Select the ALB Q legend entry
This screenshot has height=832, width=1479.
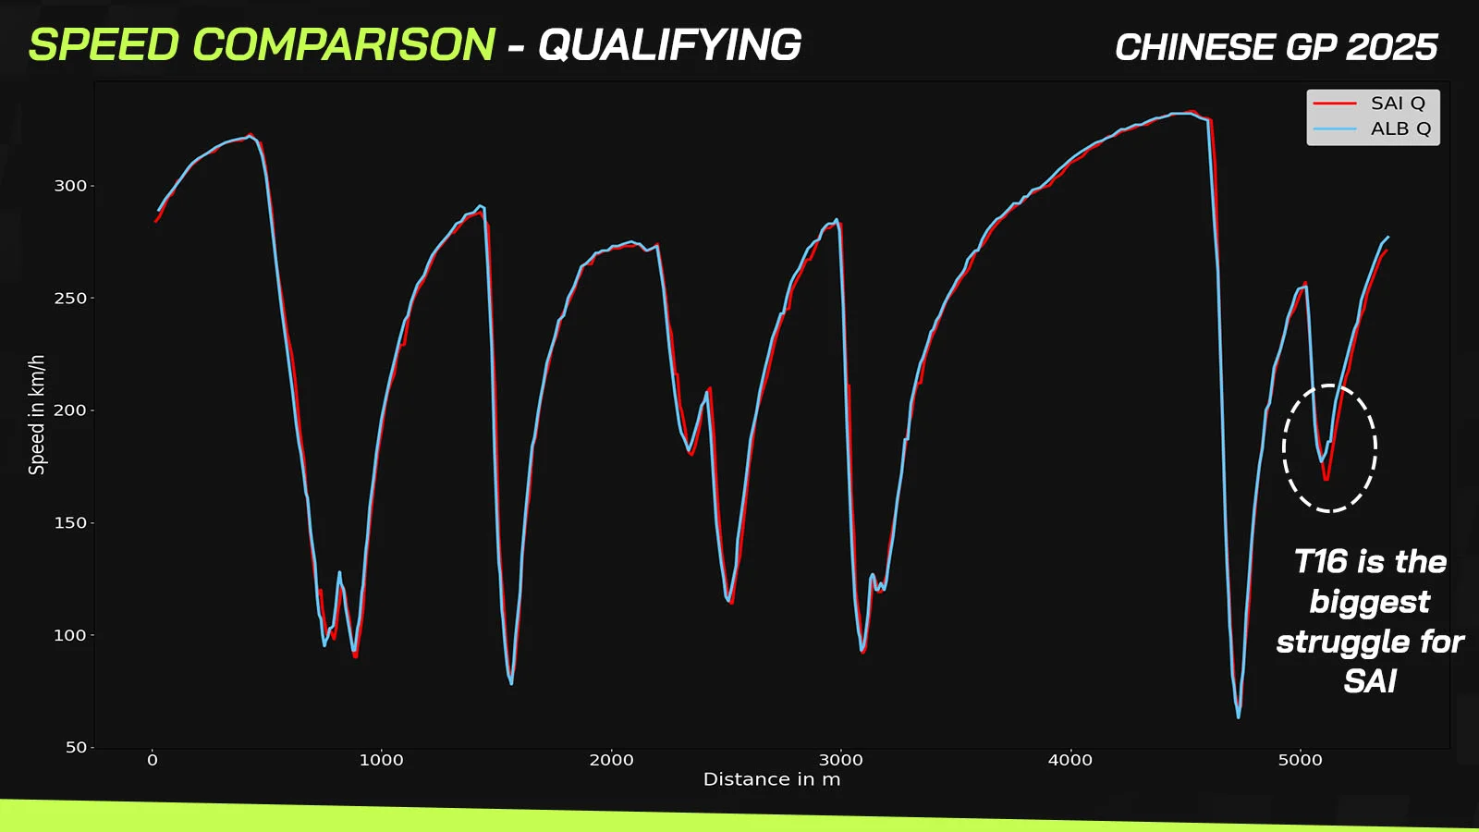(x=1372, y=128)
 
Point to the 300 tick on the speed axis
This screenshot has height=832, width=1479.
(x=70, y=186)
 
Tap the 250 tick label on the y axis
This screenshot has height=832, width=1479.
(x=70, y=299)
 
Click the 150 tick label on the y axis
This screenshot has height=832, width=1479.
(x=70, y=523)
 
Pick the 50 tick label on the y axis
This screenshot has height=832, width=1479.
(x=76, y=748)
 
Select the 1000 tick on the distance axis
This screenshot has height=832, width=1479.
(x=382, y=760)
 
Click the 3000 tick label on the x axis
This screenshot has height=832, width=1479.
(x=840, y=760)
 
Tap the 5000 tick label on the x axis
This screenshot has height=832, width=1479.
(x=1300, y=760)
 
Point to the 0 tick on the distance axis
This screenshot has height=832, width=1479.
(x=153, y=760)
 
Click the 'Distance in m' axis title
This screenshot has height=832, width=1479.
(x=772, y=780)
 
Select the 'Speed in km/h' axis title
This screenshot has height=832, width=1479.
(x=37, y=415)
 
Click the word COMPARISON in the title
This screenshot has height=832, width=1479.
(x=343, y=45)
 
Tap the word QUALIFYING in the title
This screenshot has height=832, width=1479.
(x=669, y=45)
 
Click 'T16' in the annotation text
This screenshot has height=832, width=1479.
(x=1320, y=562)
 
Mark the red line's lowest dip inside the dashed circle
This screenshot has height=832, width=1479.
(x=1326, y=479)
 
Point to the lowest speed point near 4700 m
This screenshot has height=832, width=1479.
(x=1238, y=717)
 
